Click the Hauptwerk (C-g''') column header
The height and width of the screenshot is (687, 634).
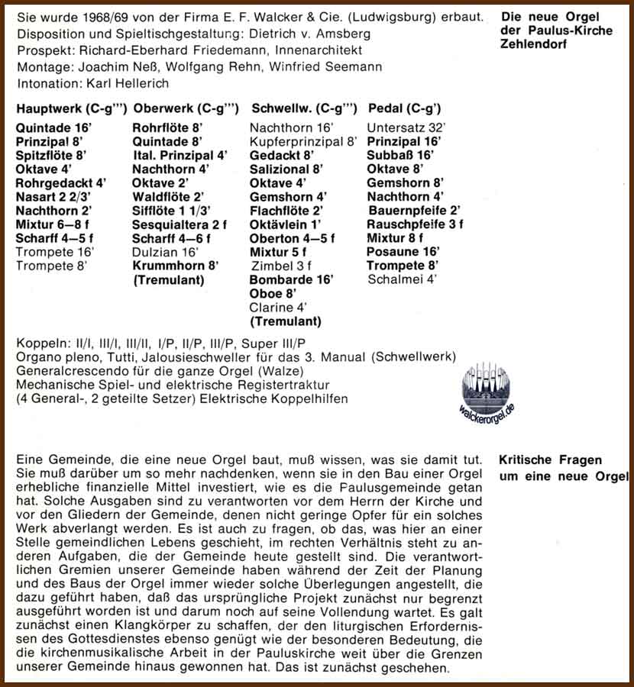point(71,108)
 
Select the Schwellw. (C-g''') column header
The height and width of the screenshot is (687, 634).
point(303,108)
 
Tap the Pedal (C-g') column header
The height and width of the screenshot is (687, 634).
point(404,108)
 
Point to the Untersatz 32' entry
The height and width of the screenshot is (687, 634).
point(406,127)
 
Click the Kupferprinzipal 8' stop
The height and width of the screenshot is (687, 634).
point(303,141)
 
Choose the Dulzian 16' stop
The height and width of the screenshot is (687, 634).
point(166,251)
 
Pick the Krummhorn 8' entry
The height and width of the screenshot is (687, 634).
point(175,265)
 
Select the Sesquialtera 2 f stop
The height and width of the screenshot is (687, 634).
point(180,224)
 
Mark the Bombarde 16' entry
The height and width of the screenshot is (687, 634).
point(291,279)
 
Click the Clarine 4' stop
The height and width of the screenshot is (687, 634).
point(278,307)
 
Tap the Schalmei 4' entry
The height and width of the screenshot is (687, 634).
point(402,279)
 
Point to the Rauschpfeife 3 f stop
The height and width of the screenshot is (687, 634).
point(415,224)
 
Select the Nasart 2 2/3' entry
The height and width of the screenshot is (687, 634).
point(54,196)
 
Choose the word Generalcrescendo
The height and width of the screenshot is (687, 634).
point(68,371)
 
